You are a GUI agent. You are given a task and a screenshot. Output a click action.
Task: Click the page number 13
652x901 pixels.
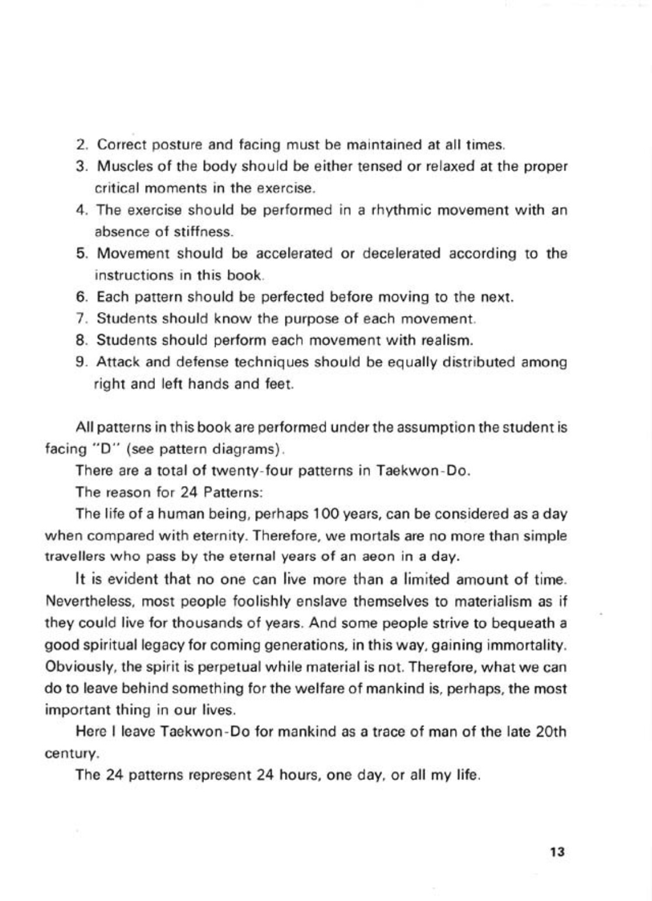coord(556,852)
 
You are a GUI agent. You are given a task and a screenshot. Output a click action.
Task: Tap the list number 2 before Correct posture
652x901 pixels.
coord(81,144)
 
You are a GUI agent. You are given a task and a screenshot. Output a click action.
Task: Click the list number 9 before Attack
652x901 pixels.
coord(81,363)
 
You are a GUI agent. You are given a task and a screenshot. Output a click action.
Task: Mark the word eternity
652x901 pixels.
coord(224,535)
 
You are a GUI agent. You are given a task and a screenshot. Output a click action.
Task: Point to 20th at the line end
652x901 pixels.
coord(551,732)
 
